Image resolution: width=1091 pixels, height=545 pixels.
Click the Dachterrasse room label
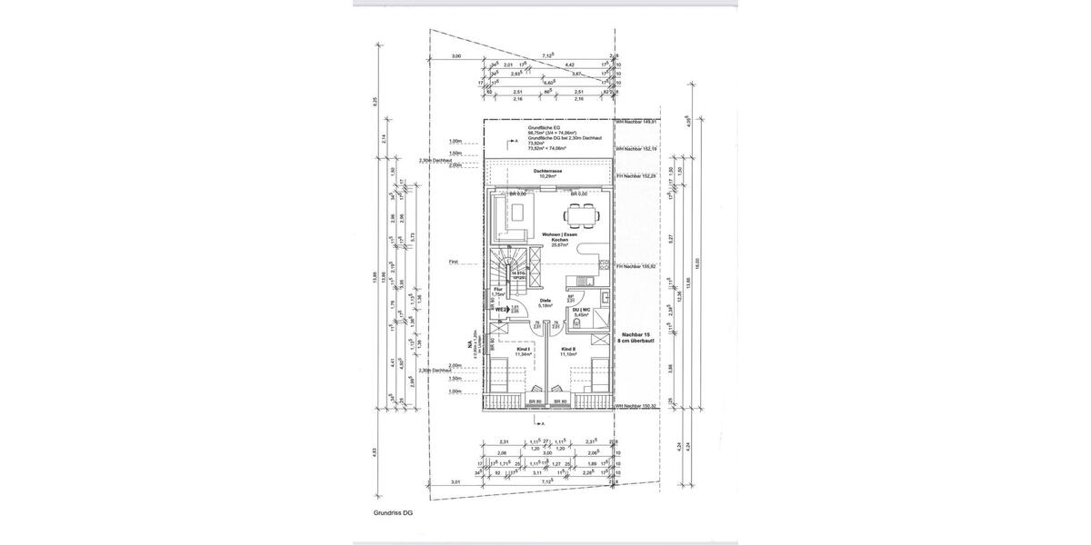click(546, 173)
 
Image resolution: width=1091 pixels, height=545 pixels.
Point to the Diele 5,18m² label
click(545, 302)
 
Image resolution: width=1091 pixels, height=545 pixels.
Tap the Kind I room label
click(523, 352)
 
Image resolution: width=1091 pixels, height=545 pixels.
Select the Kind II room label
click(568, 352)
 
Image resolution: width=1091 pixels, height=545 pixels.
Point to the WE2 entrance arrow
click(504, 310)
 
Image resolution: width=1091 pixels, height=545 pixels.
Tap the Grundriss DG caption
click(393, 513)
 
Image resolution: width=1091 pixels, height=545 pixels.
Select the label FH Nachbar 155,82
click(636, 267)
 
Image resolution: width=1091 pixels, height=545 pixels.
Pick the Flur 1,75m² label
click(498, 292)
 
